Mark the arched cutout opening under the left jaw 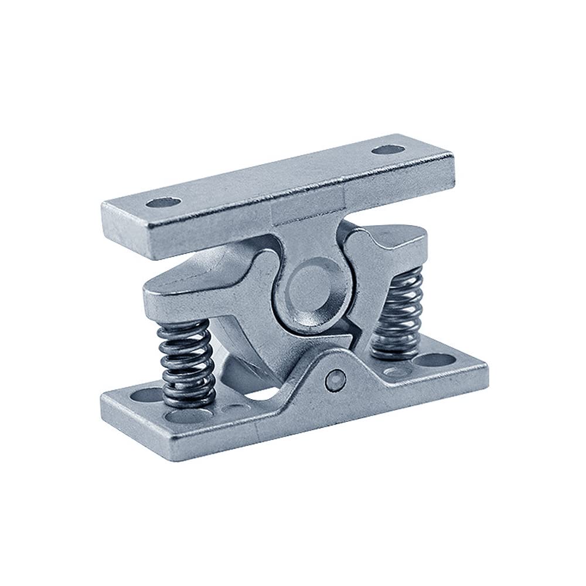click(258, 398)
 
